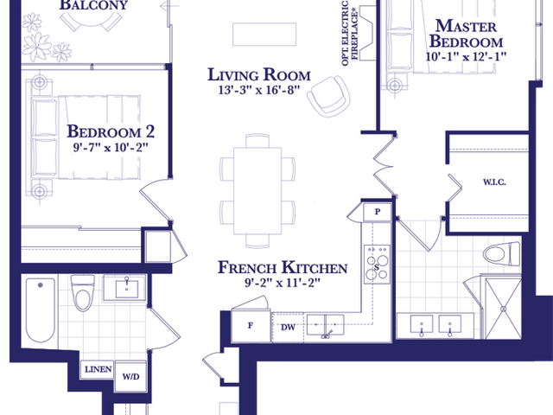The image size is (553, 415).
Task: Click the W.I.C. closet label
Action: [x=494, y=182]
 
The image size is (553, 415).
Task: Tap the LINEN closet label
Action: [x=98, y=369]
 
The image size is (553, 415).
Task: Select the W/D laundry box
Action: [x=130, y=376]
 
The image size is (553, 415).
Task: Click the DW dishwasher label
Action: [x=288, y=328]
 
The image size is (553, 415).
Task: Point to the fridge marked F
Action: [x=251, y=326]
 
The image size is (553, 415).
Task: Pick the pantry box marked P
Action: [x=378, y=212]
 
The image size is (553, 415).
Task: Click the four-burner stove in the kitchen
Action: [x=377, y=264]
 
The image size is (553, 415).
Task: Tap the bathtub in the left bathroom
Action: [x=41, y=310]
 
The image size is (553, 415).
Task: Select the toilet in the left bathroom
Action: [x=83, y=292]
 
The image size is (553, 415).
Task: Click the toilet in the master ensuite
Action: [x=501, y=254]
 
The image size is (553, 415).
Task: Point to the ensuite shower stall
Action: [x=503, y=309]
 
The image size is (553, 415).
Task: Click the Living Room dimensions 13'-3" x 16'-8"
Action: [x=259, y=90]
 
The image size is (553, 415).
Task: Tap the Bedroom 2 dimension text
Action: [x=111, y=147]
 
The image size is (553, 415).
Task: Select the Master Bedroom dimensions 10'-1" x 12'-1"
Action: [x=466, y=56]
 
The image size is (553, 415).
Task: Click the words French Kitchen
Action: [x=283, y=268]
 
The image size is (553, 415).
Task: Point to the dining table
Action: [x=257, y=191]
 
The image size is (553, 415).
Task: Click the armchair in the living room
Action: [x=328, y=96]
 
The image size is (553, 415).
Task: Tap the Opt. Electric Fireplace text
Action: [x=350, y=33]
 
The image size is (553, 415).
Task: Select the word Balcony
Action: [x=93, y=5]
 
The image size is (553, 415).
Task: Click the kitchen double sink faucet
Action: [x=327, y=334]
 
